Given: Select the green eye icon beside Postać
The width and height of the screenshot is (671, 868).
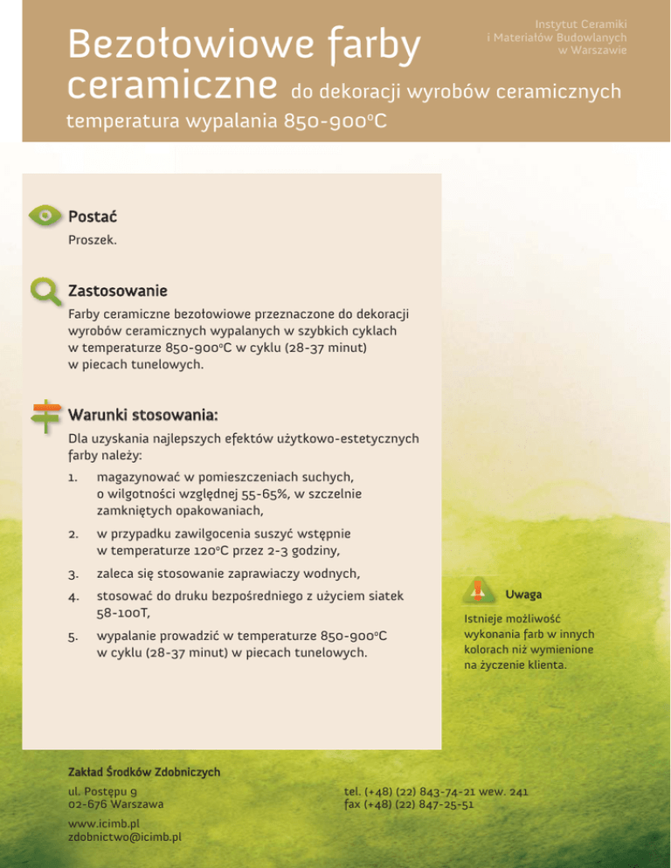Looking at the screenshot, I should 45,216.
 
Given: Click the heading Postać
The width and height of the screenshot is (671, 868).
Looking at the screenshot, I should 93,216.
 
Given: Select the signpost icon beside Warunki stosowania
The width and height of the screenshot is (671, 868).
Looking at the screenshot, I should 45,416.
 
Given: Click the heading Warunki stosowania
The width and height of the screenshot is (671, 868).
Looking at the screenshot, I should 142,412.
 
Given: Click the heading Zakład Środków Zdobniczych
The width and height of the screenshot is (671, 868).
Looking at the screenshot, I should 143,772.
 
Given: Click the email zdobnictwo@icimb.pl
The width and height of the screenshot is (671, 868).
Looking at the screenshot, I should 124,837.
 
